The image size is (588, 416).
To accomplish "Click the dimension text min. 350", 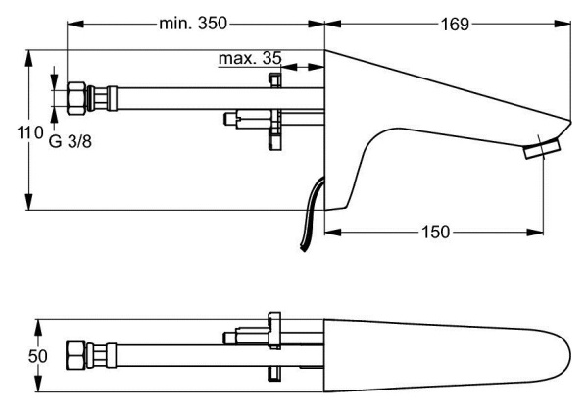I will pos(196,23).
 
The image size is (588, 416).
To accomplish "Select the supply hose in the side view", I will pos(196,98).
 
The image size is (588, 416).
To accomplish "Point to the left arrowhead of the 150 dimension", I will pos(329,232).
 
